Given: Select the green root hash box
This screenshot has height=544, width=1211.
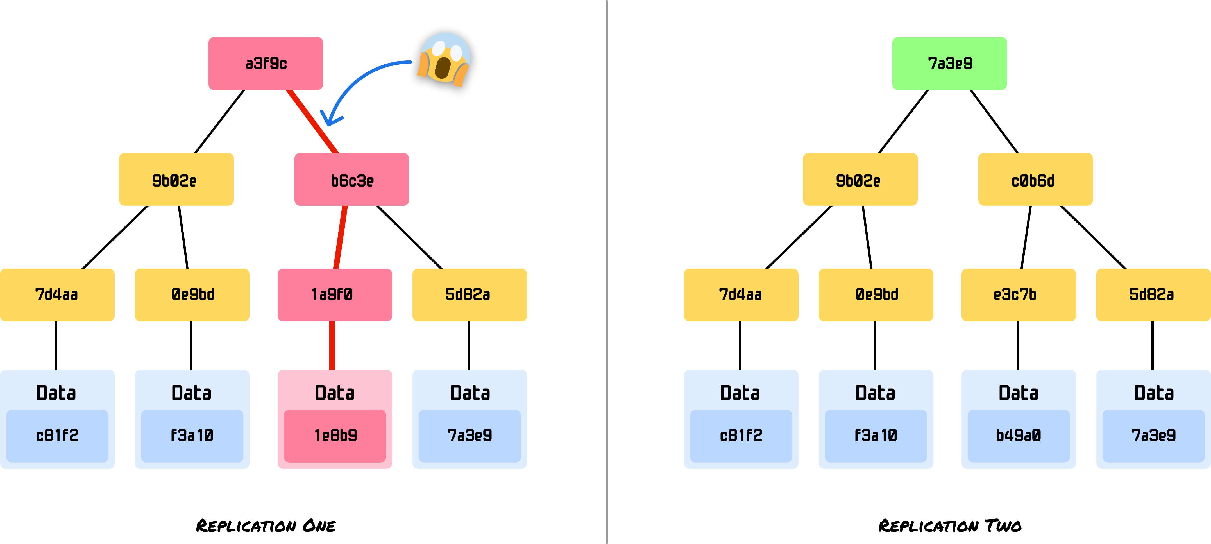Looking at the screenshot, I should (950, 64).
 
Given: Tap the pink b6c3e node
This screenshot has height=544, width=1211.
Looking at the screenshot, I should (352, 180).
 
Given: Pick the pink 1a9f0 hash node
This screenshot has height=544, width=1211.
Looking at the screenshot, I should (334, 295).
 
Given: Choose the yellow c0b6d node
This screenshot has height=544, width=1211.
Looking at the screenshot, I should (1035, 180).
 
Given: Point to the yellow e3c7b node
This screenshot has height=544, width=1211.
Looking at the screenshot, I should (1018, 295).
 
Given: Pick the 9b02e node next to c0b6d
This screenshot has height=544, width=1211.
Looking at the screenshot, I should (860, 180).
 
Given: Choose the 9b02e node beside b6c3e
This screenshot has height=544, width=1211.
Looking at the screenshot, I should (176, 180).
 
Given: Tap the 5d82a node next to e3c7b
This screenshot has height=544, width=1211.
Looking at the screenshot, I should (1153, 295).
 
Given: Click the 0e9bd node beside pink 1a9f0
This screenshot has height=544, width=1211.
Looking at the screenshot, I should (192, 295).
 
